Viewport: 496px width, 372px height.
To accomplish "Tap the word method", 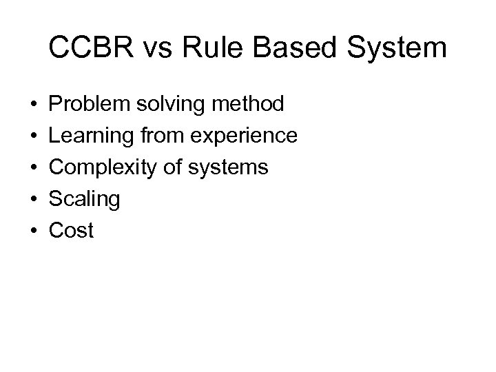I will point(249,105).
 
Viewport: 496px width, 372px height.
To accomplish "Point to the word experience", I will point(242,136).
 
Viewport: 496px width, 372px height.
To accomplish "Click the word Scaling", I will point(85,200).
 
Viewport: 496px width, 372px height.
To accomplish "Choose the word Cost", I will point(71,231).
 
